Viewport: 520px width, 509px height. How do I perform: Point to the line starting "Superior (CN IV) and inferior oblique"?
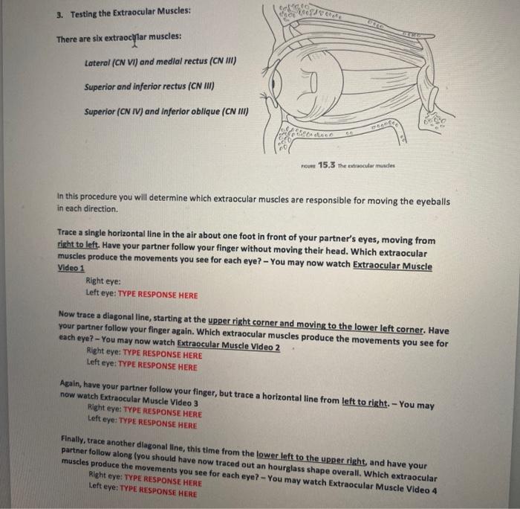point(166,112)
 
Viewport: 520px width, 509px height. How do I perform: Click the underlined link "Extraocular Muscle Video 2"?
point(227,348)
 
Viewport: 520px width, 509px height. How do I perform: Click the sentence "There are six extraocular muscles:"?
point(118,36)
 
